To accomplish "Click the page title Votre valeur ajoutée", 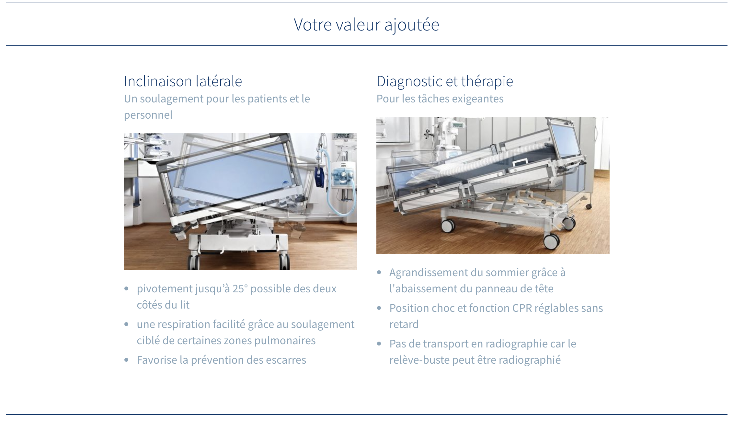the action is (366, 25).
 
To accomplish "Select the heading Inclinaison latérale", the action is (183, 81).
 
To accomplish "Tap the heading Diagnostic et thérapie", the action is (445, 81).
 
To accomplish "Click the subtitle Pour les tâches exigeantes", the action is (440, 99).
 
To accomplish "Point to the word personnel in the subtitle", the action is (148, 115).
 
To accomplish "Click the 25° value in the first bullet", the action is (240, 288).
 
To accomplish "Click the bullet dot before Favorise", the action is (127, 360).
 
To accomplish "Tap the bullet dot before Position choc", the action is (379, 308).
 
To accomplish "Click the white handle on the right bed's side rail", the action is (520, 162).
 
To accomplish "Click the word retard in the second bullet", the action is (404, 324).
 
